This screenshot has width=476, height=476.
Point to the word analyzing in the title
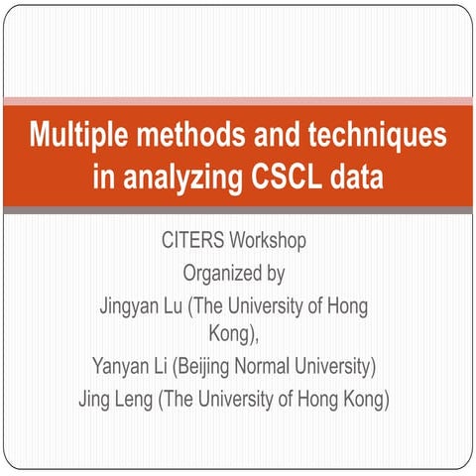click(175, 179)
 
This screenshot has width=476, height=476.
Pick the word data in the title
click(356, 179)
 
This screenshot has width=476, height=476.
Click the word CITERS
click(191, 241)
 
